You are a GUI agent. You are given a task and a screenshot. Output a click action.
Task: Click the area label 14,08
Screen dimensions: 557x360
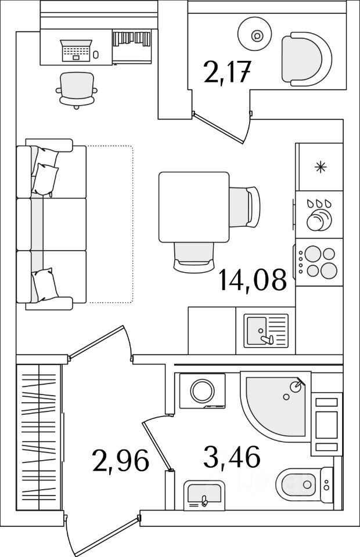[253, 280]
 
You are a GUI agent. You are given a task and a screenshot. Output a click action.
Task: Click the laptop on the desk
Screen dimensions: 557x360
[75, 49]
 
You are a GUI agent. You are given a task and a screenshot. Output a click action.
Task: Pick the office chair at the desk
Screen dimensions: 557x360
[76, 90]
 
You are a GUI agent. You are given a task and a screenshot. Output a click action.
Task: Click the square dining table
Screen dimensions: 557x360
[194, 207]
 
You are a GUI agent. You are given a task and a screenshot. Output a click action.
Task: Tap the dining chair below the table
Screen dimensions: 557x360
[195, 256]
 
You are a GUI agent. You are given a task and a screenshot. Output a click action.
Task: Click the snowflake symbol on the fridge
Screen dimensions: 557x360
[319, 168]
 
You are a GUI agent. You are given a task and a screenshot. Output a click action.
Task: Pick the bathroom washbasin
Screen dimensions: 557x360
[203, 496]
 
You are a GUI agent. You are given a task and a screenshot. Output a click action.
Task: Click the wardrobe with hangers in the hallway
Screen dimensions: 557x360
[38, 437]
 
